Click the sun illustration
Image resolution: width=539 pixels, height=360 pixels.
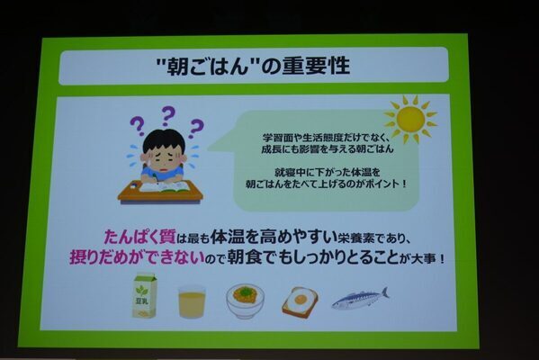(409, 118)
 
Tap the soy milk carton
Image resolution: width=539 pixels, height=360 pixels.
(144, 296)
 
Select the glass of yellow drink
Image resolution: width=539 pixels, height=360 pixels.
(191, 301)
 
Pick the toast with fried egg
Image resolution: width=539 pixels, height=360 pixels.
(299, 301)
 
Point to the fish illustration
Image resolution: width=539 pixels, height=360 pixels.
(359, 298)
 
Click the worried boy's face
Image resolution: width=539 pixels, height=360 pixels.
(163, 154)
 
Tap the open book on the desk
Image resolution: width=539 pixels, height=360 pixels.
(163, 186)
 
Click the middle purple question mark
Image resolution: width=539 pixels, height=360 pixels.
(167, 114)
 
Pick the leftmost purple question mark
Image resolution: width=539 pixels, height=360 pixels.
(137, 124)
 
